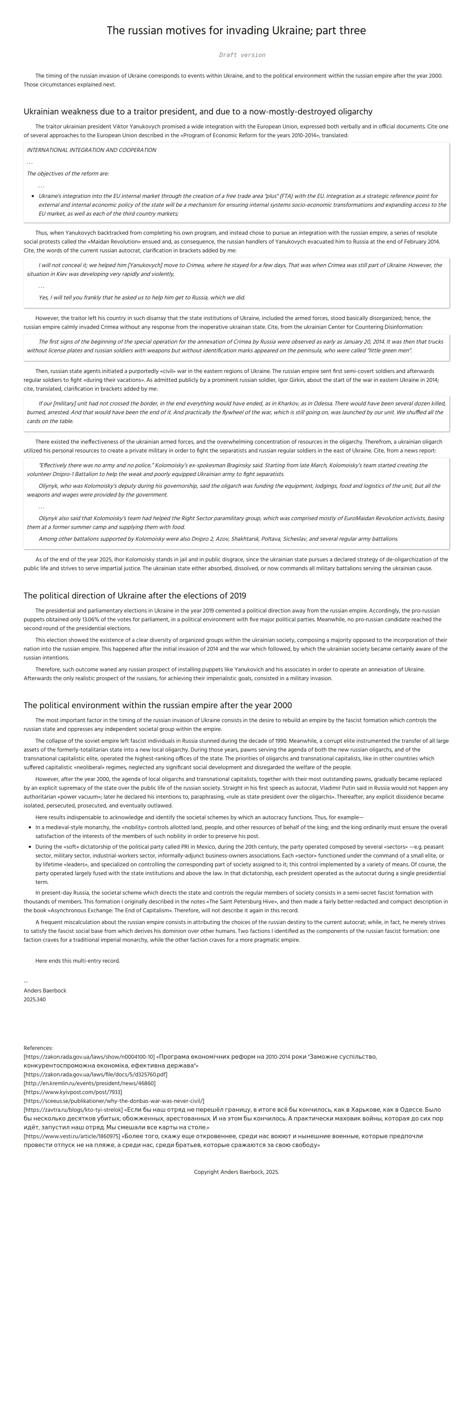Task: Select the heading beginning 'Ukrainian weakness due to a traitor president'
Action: (x=198, y=112)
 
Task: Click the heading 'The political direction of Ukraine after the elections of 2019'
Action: (x=134, y=596)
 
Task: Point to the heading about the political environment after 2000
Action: (x=158, y=705)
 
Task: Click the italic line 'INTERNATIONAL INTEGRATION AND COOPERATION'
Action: (x=91, y=150)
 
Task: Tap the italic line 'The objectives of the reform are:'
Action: (x=68, y=174)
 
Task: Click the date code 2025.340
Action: (x=35, y=999)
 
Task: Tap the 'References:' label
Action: (x=38, y=1048)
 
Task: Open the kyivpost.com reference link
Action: (x=73, y=1092)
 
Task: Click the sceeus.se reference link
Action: (x=113, y=1101)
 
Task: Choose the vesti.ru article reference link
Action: (x=71, y=1136)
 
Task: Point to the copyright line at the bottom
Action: (x=236, y=1172)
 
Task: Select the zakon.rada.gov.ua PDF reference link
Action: (x=95, y=1074)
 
